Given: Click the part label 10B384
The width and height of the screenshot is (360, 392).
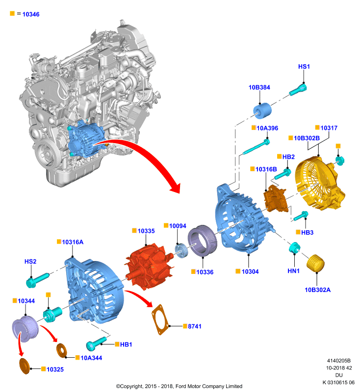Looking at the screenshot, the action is [259, 87].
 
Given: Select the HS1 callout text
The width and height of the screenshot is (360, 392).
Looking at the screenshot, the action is [304, 67].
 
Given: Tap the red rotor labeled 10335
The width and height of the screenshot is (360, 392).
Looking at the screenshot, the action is [149, 267].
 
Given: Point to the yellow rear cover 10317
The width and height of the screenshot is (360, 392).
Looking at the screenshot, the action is [320, 183].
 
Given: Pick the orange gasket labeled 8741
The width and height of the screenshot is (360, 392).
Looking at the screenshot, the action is [160, 319].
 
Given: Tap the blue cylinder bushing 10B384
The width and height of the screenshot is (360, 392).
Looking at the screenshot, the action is [262, 111].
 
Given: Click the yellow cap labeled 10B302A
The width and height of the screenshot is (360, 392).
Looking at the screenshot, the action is [315, 263].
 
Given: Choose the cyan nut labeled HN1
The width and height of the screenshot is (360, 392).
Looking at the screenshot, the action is [294, 247].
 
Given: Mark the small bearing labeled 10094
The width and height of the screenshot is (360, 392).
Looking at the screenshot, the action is [181, 250].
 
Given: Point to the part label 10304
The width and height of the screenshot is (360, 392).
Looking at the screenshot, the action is [250, 271].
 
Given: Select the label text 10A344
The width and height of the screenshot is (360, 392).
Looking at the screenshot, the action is [91, 358].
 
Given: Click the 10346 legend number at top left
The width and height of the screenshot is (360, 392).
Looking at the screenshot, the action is [31, 14].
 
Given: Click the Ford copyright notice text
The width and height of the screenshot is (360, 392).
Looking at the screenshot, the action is [179, 386].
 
